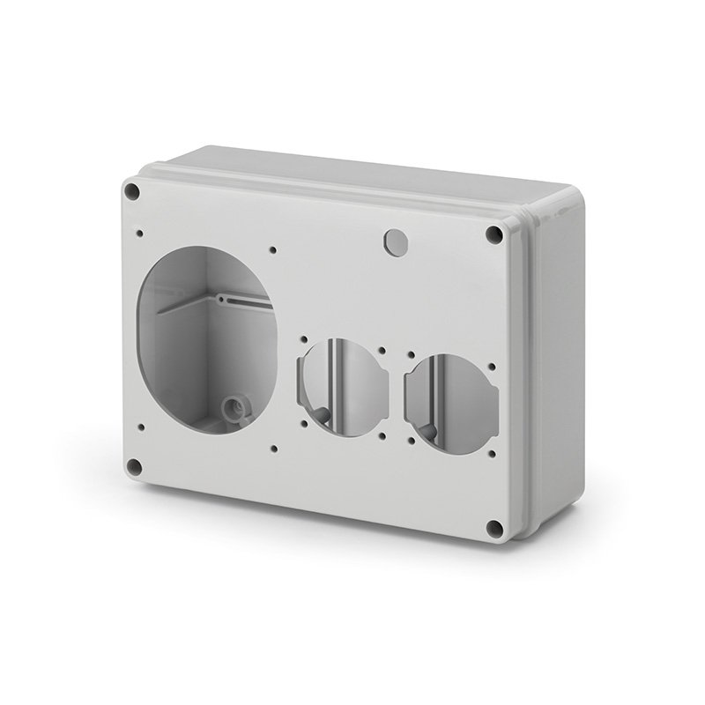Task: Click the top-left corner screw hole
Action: click(132, 189)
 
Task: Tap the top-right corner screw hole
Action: click(494, 234)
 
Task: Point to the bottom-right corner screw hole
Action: click(494, 528)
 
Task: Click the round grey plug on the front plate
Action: click(396, 241)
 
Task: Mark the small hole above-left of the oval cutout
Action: click(140, 234)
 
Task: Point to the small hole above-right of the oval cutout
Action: click(274, 250)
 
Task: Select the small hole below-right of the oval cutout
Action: click(275, 448)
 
